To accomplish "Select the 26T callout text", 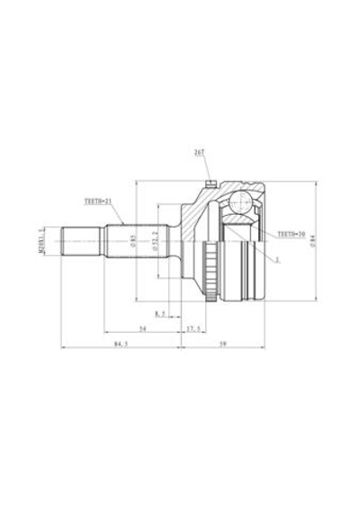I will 199,154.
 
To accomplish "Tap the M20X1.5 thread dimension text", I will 41,240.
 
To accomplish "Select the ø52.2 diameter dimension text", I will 156,240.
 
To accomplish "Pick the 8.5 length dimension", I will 160,313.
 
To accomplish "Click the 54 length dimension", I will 142,330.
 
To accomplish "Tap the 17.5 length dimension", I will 192,330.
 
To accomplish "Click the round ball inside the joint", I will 240,203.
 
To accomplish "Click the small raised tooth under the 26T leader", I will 209,185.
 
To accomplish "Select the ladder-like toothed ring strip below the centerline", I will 212,271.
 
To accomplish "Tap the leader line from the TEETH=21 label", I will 116,211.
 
